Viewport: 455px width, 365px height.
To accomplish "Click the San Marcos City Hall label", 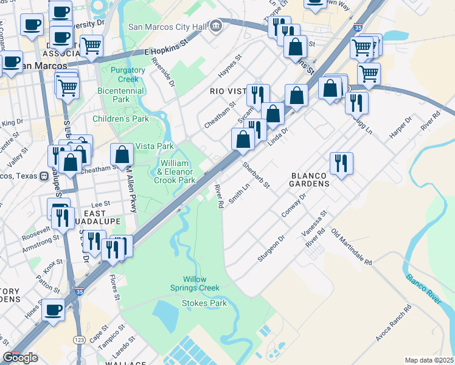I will click(167, 27).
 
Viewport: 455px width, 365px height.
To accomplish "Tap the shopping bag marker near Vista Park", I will click(122, 155).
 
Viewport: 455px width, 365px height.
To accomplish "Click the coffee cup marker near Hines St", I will click(53, 310).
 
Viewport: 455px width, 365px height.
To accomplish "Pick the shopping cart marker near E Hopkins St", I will click(91, 46).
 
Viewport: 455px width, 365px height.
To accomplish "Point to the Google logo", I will click(21, 358).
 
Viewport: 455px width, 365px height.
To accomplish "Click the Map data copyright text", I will click(429, 360).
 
